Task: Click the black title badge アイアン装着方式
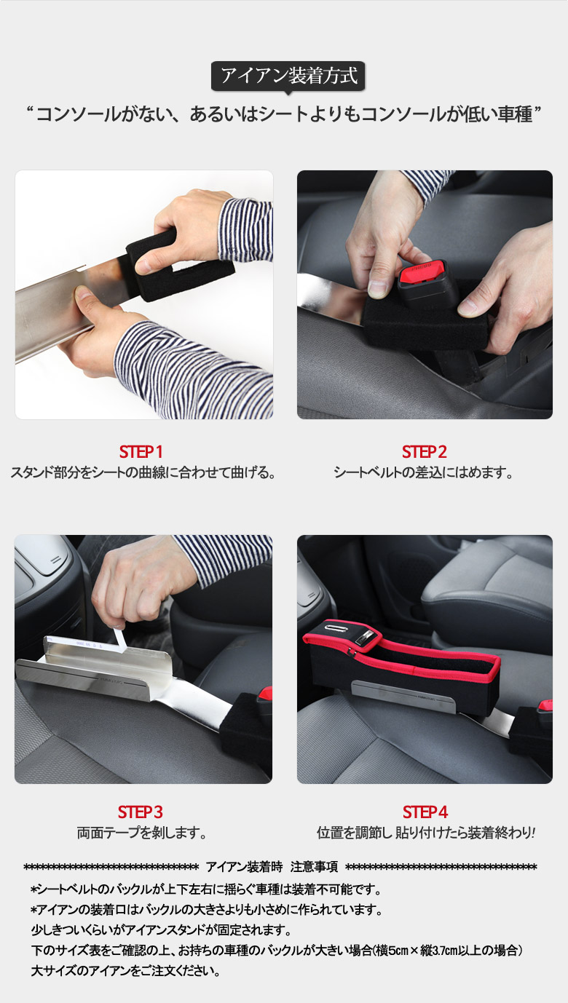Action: (x=288, y=76)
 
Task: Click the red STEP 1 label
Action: (x=141, y=452)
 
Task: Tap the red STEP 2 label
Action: (x=425, y=452)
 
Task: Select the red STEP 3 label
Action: (x=141, y=812)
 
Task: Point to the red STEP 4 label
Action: (x=425, y=812)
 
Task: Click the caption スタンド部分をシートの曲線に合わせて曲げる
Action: (x=143, y=473)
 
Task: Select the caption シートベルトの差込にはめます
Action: (x=423, y=473)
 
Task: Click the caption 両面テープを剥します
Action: (x=141, y=833)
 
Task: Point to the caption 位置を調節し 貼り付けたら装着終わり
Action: (x=426, y=833)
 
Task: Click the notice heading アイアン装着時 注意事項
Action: (x=272, y=868)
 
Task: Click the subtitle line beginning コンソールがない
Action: (x=284, y=114)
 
